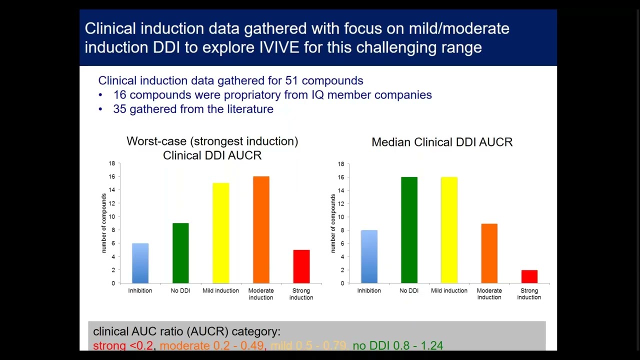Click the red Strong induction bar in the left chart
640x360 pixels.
pos(301,266)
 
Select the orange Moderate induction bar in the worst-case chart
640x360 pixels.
pos(261,230)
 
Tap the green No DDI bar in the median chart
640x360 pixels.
pos(409,230)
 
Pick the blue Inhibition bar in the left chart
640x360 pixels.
pos(140,263)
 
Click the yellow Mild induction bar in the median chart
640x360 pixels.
pos(449,230)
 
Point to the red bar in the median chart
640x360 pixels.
pos(529,276)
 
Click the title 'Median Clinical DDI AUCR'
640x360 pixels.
pos(442,142)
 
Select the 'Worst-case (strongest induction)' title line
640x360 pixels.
pos(212,141)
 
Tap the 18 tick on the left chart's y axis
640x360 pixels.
pos(111,163)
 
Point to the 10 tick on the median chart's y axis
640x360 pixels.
pos(340,217)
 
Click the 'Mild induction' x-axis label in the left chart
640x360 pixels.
pos(220,290)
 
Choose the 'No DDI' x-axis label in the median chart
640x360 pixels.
pos(409,290)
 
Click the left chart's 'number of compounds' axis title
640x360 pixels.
pos(104,223)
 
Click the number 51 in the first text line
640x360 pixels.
pos(291,80)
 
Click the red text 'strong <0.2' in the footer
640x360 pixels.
pos(123,345)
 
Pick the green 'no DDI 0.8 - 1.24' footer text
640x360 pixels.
pos(397,345)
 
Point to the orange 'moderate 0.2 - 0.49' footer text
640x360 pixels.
pos(211,345)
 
